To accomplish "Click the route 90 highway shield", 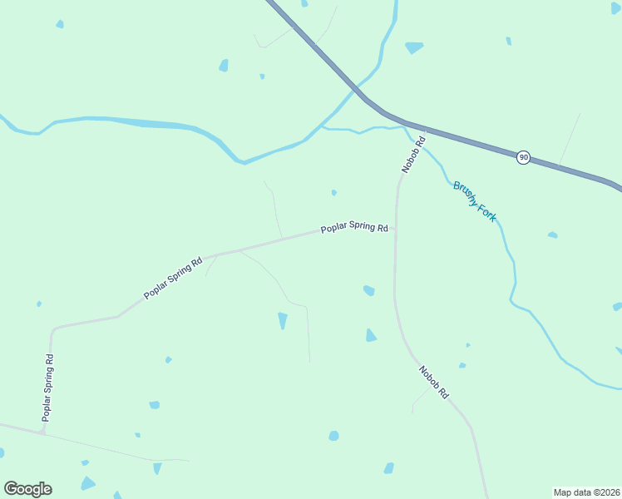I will (523, 157).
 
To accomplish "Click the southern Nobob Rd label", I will (433, 383).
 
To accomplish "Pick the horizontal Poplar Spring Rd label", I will (355, 227).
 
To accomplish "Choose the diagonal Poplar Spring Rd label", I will (173, 279).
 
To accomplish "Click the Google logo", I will (27, 489).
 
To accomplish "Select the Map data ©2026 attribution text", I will (586, 492).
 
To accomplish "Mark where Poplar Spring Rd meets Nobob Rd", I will (396, 226).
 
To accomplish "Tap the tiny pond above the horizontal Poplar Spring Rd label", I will (333, 193).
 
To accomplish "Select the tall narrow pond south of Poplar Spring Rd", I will (283, 320).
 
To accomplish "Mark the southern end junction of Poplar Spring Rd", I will (44, 432).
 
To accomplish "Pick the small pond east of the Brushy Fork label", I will (552, 235).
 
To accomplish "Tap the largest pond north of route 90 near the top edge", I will (413, 47).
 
